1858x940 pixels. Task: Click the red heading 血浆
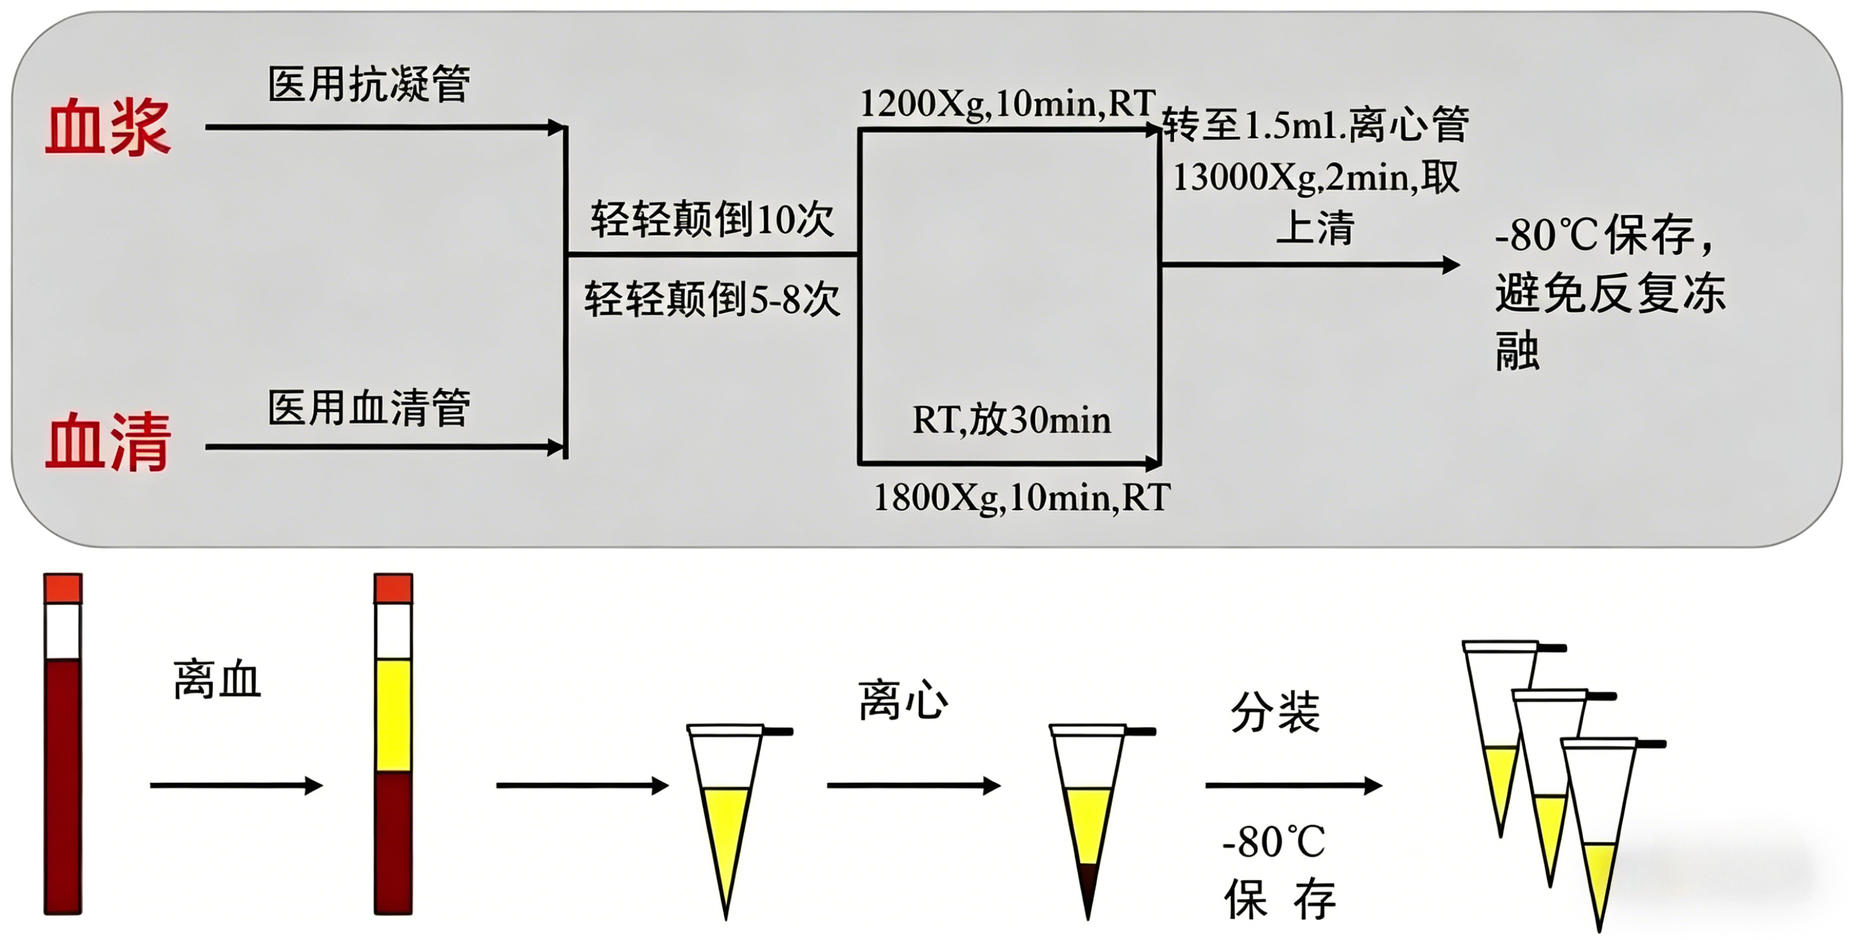click(108, 128)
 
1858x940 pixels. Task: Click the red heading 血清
click(108, 442)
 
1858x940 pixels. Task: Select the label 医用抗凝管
click(369, 84)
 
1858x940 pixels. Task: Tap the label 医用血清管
click(369, 407)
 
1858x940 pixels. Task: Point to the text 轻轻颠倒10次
click(712, 220)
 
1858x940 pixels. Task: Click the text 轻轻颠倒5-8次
click(712, 299)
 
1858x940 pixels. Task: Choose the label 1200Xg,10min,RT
click(1008, 104)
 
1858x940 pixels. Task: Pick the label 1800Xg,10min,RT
click(1022, 498)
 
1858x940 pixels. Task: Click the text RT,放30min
click(1011, 420)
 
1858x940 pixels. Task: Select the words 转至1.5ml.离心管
click(1316, 124)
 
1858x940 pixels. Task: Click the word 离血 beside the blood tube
click(217, 680)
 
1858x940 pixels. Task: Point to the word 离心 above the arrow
click(903, 700)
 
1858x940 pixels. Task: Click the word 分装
click(1275, 713)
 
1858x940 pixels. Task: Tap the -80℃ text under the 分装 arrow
click(1275, 841)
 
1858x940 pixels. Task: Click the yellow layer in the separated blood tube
click(393, 715)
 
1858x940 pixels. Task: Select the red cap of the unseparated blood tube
click(63, 589)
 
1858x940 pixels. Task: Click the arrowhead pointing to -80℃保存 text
click(1451, 265)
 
